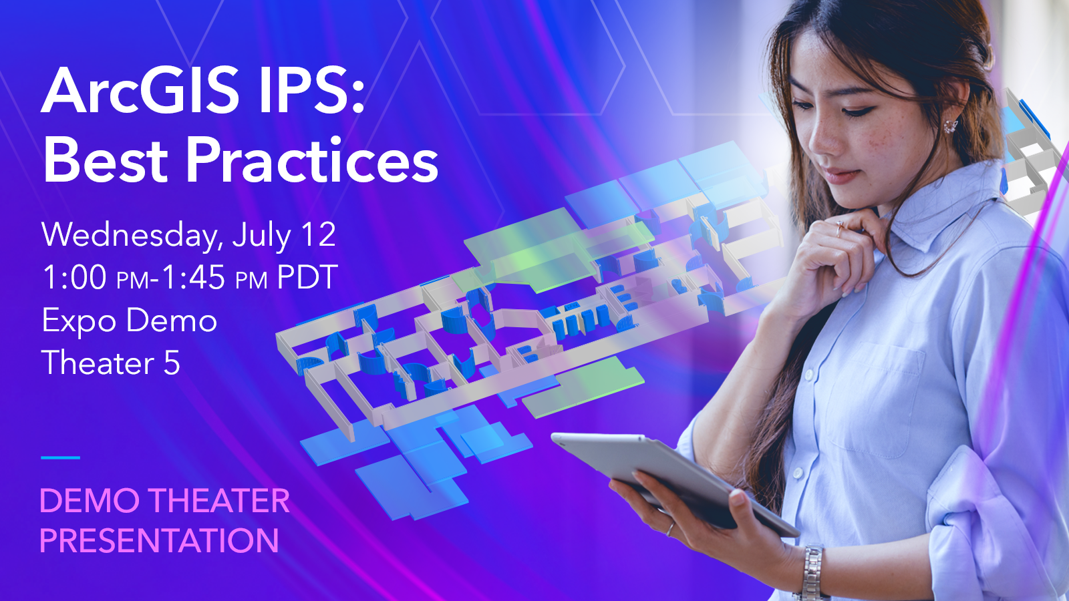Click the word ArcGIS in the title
[x=140, y=91]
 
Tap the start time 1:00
[x=74, y=276]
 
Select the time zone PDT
[x=307, y=276]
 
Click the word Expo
[x=80, y=321]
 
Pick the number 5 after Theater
[x=171, y=363]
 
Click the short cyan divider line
[x=60, y=457]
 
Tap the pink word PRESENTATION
[x=160, y=540]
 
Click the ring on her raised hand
[x=839, y=229]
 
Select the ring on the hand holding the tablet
[x=670, y=529]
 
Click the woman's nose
[x=822, y=138]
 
